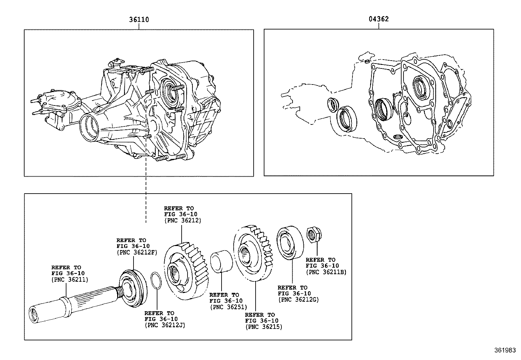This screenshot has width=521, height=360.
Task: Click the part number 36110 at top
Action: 139,20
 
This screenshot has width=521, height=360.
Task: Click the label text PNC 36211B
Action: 326,272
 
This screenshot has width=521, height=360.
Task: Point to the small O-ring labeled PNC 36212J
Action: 156,281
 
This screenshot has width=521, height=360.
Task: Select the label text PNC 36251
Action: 228,307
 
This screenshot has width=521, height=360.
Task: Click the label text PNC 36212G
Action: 298,299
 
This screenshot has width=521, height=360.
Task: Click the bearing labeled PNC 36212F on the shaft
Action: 133,288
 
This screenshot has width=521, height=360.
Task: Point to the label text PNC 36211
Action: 69,279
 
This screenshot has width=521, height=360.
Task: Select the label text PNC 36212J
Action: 165,325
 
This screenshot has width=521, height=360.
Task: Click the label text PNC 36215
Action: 263,327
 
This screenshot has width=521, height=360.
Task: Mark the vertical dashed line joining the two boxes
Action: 146,197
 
